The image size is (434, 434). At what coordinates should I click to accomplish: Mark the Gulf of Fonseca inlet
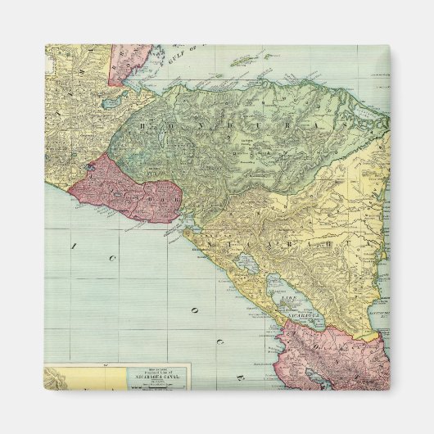189,224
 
